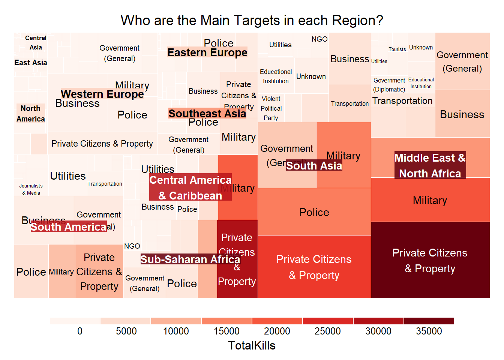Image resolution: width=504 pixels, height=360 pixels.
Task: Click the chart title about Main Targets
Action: coord(252,20)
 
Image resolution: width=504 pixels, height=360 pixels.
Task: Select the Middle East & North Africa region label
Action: coord(430,165)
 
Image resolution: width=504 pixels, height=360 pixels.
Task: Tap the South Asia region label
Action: coord(314,166)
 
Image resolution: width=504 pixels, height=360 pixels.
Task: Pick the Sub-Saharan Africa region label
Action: coord(190,259)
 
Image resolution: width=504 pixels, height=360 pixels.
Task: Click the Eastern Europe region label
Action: coord(207,52)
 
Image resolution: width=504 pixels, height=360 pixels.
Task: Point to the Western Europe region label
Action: coord(102,94)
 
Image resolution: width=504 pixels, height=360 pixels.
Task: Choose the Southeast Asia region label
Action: coord(207,113)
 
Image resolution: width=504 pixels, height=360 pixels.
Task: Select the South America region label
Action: coord(68,227)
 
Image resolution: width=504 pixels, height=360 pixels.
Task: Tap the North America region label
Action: coord(30,114)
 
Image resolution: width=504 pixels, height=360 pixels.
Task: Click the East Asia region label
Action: coord(31,63)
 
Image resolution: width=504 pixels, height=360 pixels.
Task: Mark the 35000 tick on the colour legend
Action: coord(429,331)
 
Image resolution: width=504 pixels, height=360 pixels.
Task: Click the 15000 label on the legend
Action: coord(226,331)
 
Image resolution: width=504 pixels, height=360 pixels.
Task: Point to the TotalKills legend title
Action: coord(252,345)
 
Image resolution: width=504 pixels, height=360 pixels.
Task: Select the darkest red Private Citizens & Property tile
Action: coord(430,260)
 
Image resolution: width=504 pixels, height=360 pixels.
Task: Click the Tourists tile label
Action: coord(397,49)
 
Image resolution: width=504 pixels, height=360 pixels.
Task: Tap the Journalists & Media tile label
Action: coord(31,189)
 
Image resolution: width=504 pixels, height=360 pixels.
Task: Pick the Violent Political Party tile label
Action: coord(271,108)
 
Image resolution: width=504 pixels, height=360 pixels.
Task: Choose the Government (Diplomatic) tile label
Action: coord(389,85)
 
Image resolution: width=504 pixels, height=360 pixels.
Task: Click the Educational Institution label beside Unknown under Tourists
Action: coord(421,83)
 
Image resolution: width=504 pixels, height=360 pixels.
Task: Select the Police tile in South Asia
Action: coord(314,212)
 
